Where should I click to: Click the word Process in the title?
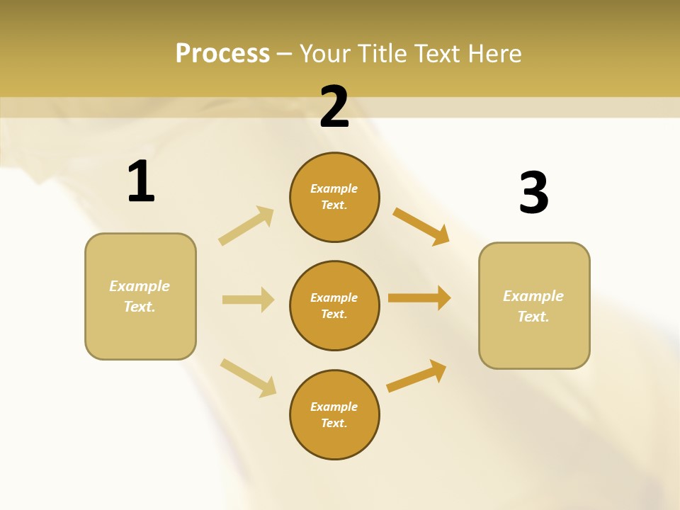(222, 54)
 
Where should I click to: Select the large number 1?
(141, 181)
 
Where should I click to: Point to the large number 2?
(334, 107)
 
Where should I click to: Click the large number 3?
(533, 193)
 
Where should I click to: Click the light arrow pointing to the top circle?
(246, 226)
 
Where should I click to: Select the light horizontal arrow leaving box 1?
(248, 300)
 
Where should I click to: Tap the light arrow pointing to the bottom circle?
(248, 378)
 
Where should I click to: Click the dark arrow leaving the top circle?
(421, 226)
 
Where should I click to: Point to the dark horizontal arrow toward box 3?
(419, 298)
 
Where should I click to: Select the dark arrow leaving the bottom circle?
(416, 375)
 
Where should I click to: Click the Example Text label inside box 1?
(140, 296)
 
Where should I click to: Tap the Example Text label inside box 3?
(533, 306)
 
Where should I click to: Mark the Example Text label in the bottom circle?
(334, 414)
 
